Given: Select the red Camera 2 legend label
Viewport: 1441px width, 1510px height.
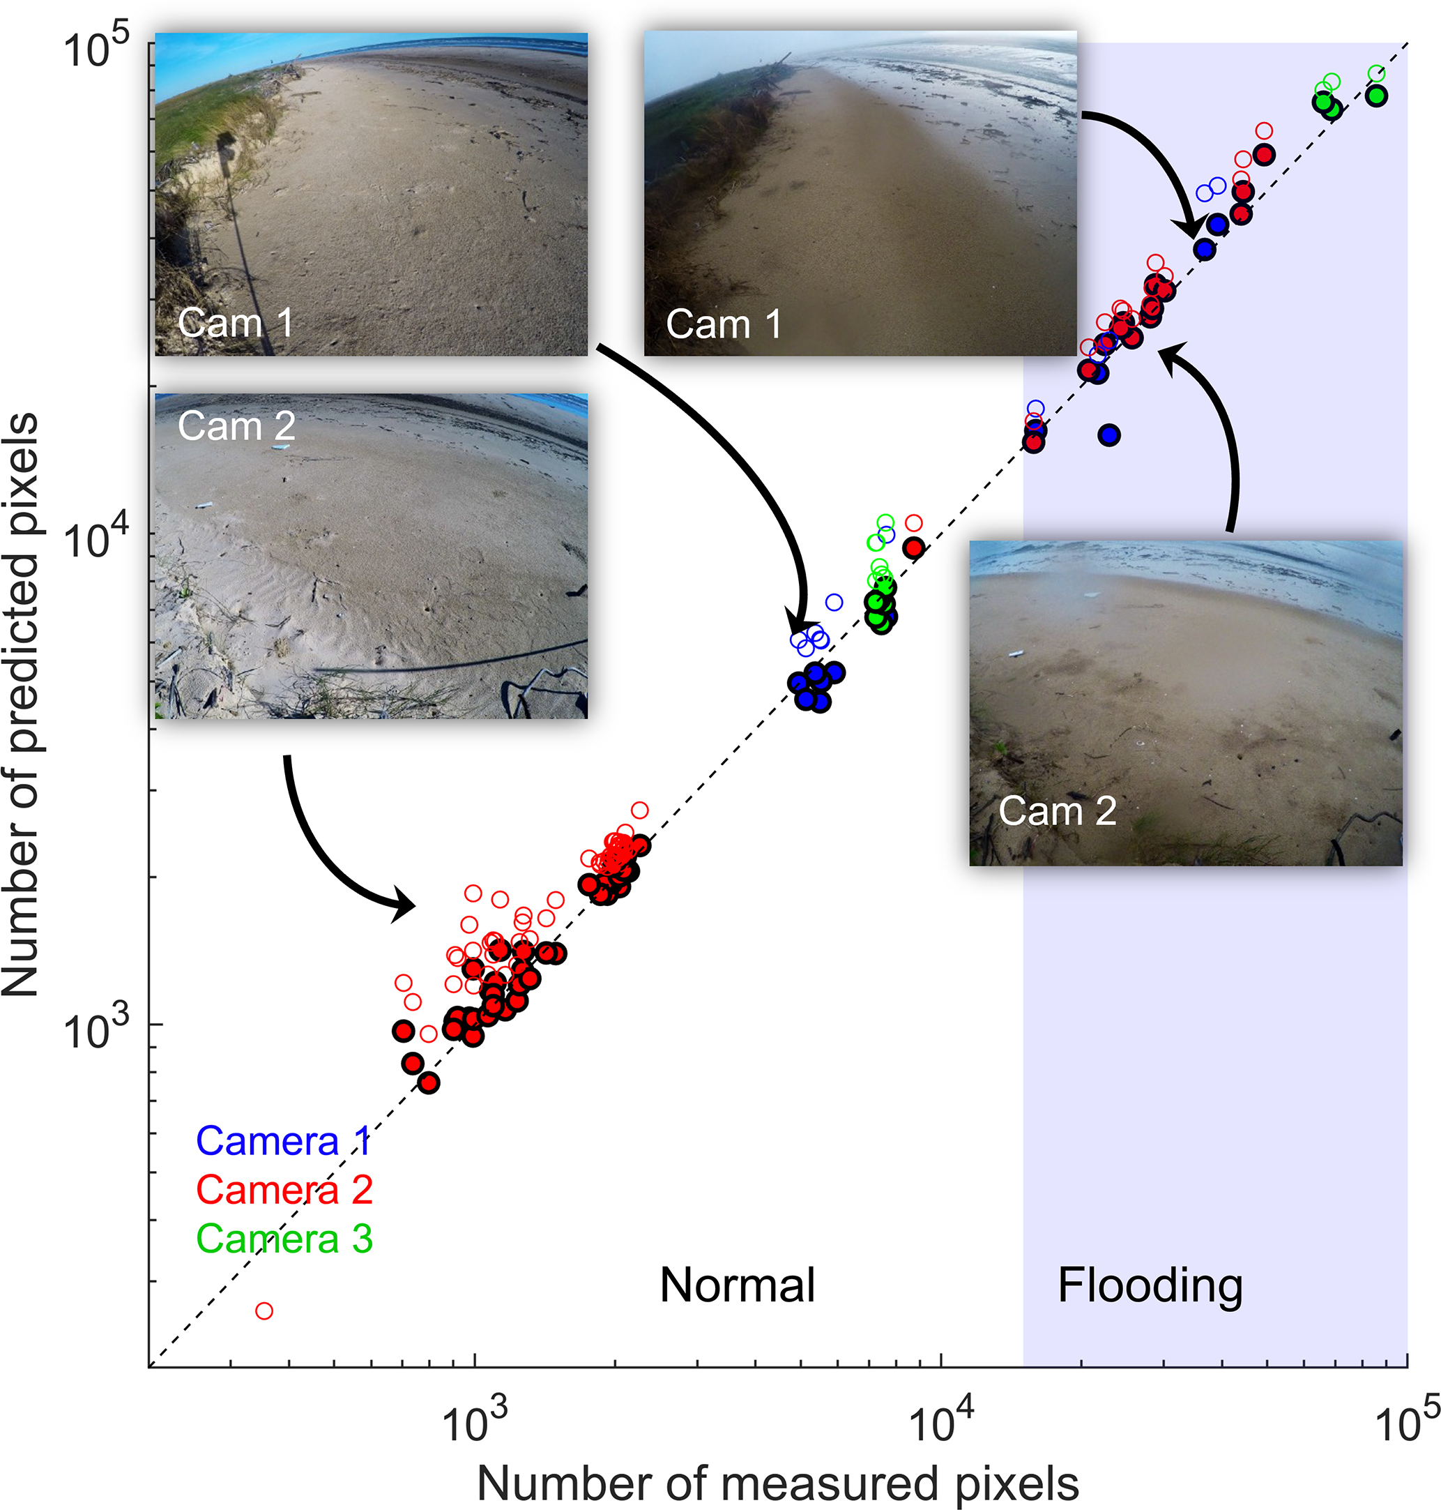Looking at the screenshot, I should [284, 1191].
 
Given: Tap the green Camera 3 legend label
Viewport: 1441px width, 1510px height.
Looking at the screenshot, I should [284, 1239].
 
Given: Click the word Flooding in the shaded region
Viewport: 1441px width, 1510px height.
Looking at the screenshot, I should [1150, 1285].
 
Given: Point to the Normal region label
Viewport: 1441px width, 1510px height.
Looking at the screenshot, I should [738, 1285].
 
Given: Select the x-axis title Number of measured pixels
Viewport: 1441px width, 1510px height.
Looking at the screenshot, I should [777, 1484].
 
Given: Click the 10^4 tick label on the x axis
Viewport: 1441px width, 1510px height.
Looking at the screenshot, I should [940, 1421].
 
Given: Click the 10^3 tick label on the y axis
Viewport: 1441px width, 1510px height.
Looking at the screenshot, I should [96, 1030].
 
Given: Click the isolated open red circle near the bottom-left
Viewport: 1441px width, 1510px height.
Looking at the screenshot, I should [264, 1311].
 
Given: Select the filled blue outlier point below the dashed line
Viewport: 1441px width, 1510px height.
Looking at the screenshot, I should [1108, 436].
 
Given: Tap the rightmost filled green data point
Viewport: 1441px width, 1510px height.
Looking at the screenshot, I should [1376, 96].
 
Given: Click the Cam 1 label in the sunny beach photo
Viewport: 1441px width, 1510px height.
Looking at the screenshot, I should [235, 323].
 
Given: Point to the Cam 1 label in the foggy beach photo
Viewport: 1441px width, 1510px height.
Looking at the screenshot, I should [724, 324].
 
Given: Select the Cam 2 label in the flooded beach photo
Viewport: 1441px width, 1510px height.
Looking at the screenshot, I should [1057, 810].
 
